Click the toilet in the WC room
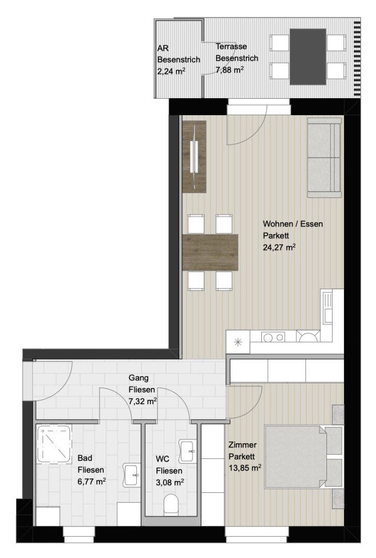coord(171,504)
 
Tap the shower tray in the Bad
coord(54,443)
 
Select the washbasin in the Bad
coord(132,475)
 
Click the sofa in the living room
coord(324,158)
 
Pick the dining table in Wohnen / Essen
coord(210,252)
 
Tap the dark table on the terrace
coord(308,57)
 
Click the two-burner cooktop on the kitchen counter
coord(273,337)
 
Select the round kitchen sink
coord(308,337)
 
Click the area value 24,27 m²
coord(279,247)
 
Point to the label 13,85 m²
coord(245,468)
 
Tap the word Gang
coord(138,378)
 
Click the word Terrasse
coord(231,47)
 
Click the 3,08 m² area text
coord(170,482)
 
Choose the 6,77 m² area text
coord(91,482)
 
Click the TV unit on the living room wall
coord(194,157)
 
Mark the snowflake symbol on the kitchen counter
coord(238,343)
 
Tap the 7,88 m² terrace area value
coord(229,70)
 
